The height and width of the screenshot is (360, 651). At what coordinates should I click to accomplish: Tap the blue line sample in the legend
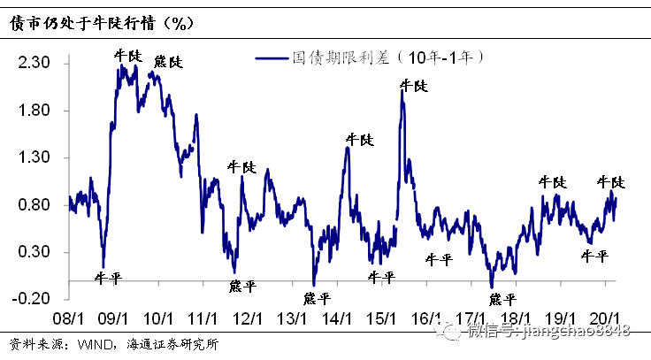point(272,58)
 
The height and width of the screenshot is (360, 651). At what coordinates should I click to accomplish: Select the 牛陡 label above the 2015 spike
point(413,86)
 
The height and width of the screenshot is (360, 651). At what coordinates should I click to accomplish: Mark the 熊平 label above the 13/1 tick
point(316,297)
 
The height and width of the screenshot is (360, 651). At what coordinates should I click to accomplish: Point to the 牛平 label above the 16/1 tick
point(437,259)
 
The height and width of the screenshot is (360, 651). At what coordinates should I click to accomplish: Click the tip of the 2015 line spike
point(402,92)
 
